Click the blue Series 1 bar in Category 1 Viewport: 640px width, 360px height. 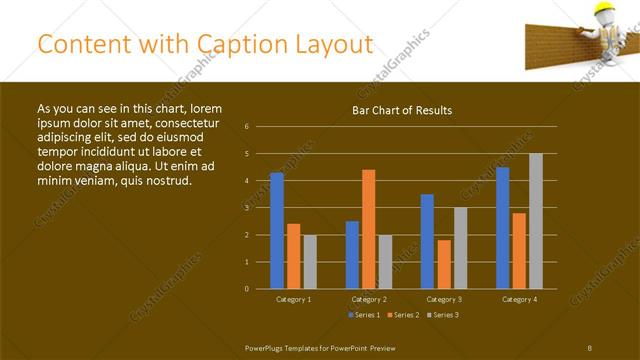pos(276,230)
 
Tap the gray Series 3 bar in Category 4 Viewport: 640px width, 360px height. pos(535,221)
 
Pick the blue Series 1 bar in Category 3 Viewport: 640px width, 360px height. pos(427,241)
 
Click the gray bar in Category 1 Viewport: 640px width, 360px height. pos(310,261)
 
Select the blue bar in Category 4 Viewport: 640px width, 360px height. pos(502,227)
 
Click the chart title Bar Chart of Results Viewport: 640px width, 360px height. pos(402,110)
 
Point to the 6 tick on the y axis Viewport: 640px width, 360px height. pos(247,127)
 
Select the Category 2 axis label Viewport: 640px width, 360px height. pos(368,299)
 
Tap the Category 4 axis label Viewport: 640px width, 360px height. pos(518,299)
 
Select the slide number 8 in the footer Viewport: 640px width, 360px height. pos(589,347)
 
